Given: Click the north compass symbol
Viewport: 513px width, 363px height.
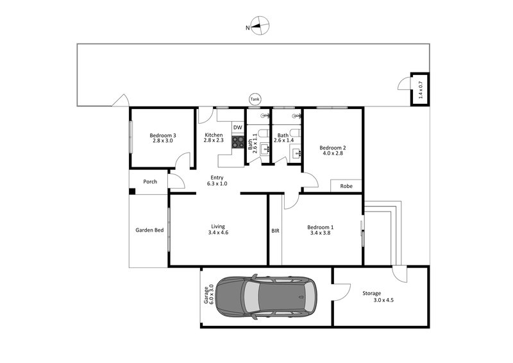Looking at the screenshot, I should pyautogui.click(x=260, y=27).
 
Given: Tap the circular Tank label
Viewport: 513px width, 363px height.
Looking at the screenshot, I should pyautogui.click(x=255, y=99).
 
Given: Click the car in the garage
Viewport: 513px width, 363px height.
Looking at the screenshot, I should pyautogui.click(x=266, y=298).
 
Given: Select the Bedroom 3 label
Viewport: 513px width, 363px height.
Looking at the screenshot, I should pyautogui.click(x=163, y=138).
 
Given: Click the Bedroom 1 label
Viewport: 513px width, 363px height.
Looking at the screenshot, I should pyautogui.click(x=321, y=230).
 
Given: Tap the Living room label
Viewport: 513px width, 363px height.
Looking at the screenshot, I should pyautogui.click(x=218, y=229).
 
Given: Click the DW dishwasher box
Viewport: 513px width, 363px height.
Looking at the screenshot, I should pyautogui.click(x=238, y=128).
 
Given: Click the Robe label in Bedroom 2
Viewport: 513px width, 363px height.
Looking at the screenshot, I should pyautogui.click(x=346, y=186).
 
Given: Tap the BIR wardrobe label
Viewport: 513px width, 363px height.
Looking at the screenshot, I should pyautogui.click(x=275, y=230).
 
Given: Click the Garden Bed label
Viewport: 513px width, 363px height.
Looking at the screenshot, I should pyautogui.click(x=149, y=230).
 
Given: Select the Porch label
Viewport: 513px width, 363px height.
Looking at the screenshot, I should pyautogui.click(x=150, y=181).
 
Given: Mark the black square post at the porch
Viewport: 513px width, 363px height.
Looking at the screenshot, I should pyautogui.click(x=131, y=190).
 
